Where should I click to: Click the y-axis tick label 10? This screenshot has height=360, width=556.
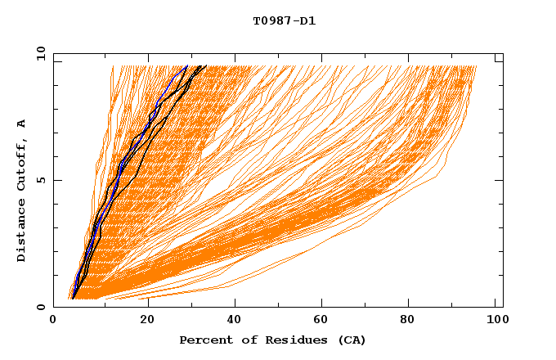40,53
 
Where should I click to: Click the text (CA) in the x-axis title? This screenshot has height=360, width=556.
351,340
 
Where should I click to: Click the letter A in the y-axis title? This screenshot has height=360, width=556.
22,124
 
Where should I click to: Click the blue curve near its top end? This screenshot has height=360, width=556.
185,68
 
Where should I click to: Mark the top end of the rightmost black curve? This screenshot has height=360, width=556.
204,66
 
